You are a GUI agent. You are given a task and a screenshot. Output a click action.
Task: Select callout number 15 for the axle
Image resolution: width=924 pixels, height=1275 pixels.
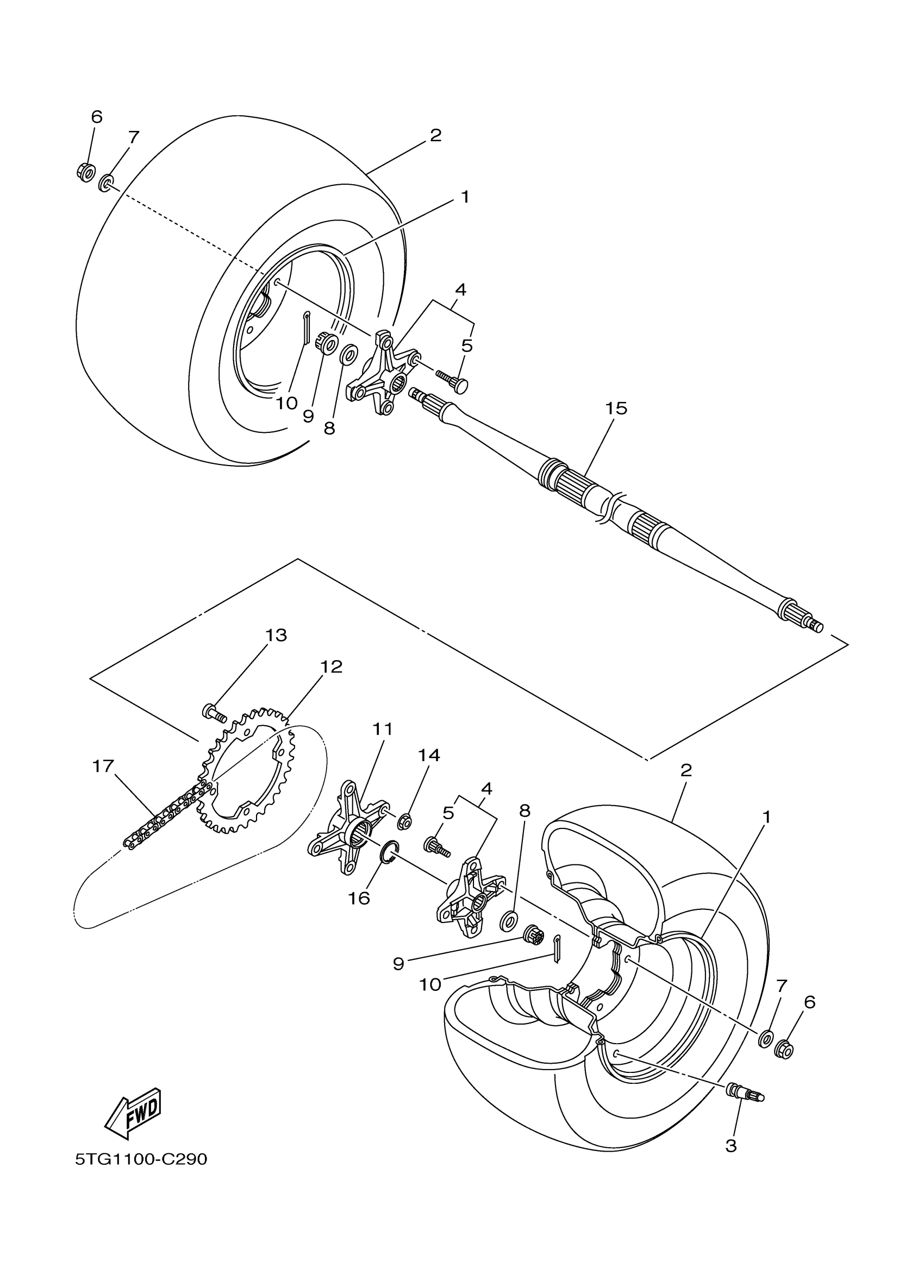[x=616, y=409]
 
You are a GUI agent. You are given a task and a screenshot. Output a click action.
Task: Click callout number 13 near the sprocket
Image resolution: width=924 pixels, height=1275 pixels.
[x=276, y=635]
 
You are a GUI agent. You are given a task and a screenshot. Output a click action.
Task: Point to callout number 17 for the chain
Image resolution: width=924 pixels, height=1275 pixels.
[x=103, y=765]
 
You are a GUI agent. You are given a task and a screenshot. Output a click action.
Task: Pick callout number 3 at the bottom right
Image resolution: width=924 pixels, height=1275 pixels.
[x=731, y=1145]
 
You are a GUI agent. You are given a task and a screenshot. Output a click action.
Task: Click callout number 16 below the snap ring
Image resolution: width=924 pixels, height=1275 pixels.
[x=359, y=899]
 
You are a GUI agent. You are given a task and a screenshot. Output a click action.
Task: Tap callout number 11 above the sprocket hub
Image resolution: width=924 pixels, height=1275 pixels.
[x=383, y=729]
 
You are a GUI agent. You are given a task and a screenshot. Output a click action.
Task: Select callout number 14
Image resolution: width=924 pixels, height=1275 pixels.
[x=428, y=755]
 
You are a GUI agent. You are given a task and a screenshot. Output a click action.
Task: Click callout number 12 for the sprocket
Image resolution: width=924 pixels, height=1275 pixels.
[x=331, y=667]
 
